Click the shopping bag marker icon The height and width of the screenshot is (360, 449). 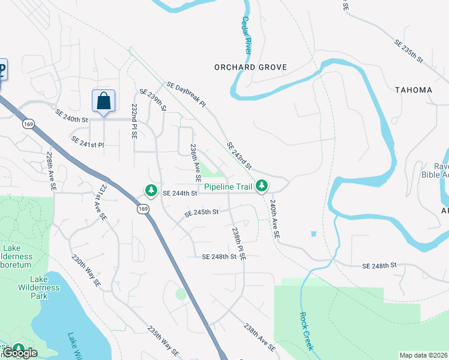[103, 100]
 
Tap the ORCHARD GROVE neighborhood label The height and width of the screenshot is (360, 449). [250, 67]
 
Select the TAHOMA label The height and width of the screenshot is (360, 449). [414, 90]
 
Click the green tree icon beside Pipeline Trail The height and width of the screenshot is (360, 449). [261, 187]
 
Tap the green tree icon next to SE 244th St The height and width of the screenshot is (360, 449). [150, 191]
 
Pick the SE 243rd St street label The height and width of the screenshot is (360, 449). [239, 155]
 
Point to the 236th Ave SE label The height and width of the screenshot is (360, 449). [195, 163]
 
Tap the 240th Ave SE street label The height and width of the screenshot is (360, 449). [275, 220]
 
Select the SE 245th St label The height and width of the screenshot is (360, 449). [201, 212]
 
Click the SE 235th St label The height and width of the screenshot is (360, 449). [409, 52]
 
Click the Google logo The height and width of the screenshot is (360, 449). [20, 353]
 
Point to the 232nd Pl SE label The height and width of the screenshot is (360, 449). [134, 122]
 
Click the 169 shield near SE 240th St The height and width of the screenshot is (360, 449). [28, 124]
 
